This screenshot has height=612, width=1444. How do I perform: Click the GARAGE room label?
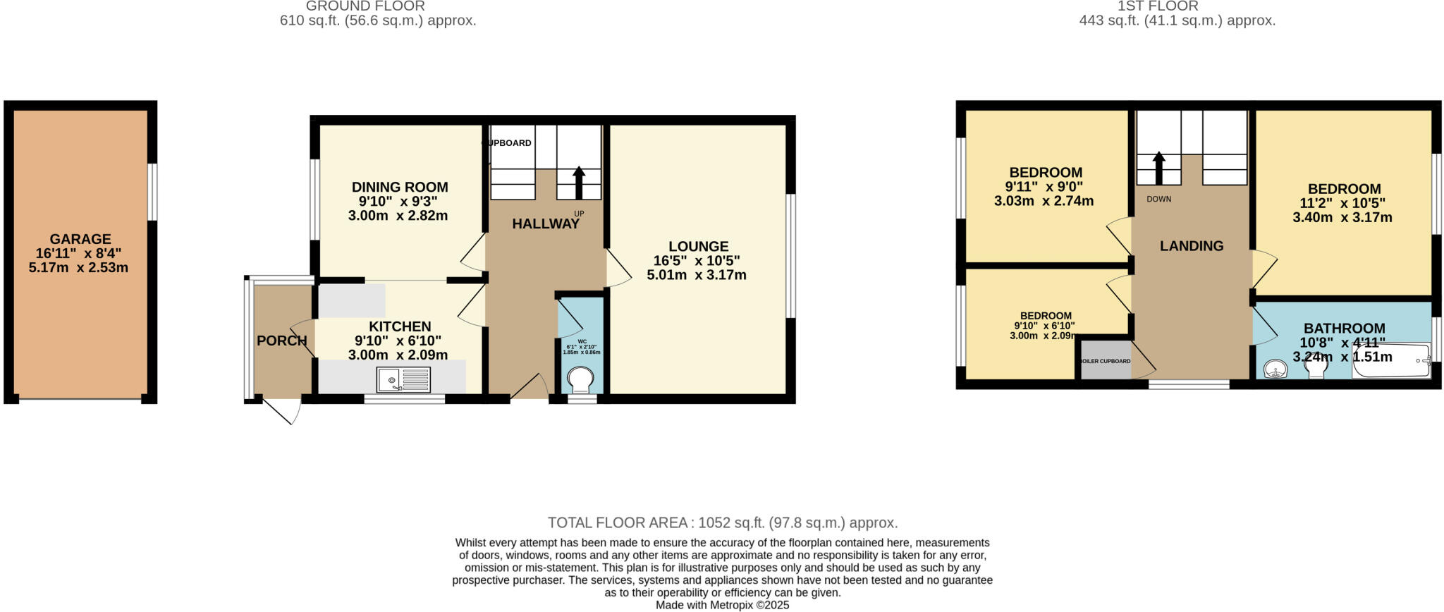[x=80, y=239]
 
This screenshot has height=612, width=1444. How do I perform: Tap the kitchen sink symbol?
[x=403, y=380]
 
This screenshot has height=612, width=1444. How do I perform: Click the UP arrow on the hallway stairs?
[x=579, y=182]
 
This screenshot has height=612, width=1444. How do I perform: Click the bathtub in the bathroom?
[x=1391, y=362]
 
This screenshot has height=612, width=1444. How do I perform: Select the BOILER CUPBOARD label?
[x=1105, y=361]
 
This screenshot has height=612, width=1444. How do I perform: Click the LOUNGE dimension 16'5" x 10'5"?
[x=697, y=261]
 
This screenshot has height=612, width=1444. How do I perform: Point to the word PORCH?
[x=281, y=341]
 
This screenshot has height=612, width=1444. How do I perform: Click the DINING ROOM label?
[x=400, y=188]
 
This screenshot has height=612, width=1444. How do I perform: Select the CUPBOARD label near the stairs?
[x=507, y=143]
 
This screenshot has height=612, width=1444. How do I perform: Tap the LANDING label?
[x=1192, y=246]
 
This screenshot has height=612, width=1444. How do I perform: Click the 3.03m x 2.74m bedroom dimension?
[x=1044, y=201]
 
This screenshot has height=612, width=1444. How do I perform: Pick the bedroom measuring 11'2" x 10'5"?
[x=1343, y=203]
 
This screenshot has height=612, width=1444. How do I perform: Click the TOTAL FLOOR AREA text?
[x=722, y=522]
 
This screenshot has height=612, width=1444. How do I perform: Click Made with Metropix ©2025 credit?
[x=722, y=605]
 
